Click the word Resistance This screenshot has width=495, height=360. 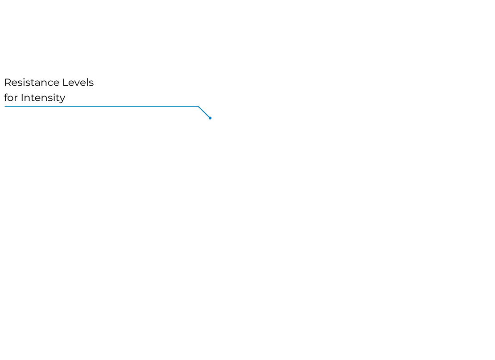coord(32,83)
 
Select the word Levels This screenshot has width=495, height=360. coord(78,83)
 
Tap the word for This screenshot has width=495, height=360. coord(11,98)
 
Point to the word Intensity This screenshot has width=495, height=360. coord(43,98)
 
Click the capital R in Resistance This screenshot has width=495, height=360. coord(8,83)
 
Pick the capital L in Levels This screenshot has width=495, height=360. coord(65,83)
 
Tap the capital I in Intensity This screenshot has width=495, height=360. coord(22,98)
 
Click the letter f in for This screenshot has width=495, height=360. coord(6,97)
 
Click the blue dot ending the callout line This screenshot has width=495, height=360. coord(210,118)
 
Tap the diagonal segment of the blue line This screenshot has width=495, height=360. coord(204,112)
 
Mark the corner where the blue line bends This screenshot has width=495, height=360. coord(198,107)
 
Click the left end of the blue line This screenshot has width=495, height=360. coord(5,107)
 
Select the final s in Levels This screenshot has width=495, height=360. coord(91,84)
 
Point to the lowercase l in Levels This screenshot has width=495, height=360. coord(87,82)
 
